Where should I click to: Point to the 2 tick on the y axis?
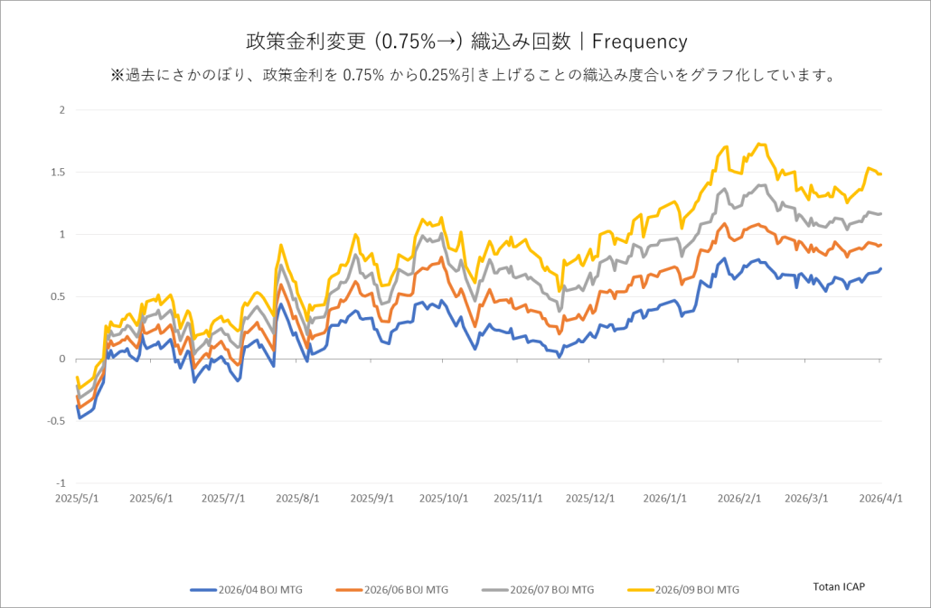(x=62, y=110)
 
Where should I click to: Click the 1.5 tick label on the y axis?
(x=59, y=173)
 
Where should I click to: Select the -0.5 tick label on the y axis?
(x=57, y=421)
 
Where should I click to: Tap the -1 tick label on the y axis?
(x=61, y=483)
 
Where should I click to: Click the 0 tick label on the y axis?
(x=62, y=359)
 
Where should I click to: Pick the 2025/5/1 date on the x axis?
(x=78, y=498)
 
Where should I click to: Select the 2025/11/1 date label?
(x=518, y=498)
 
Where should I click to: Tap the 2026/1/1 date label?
(x=664, y=498)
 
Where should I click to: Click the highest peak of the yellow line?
(x=759, y=144)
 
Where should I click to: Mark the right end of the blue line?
(x=881, y=268)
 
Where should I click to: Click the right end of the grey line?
(x=881, y=213)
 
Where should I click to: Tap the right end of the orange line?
(x=881, y=245)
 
